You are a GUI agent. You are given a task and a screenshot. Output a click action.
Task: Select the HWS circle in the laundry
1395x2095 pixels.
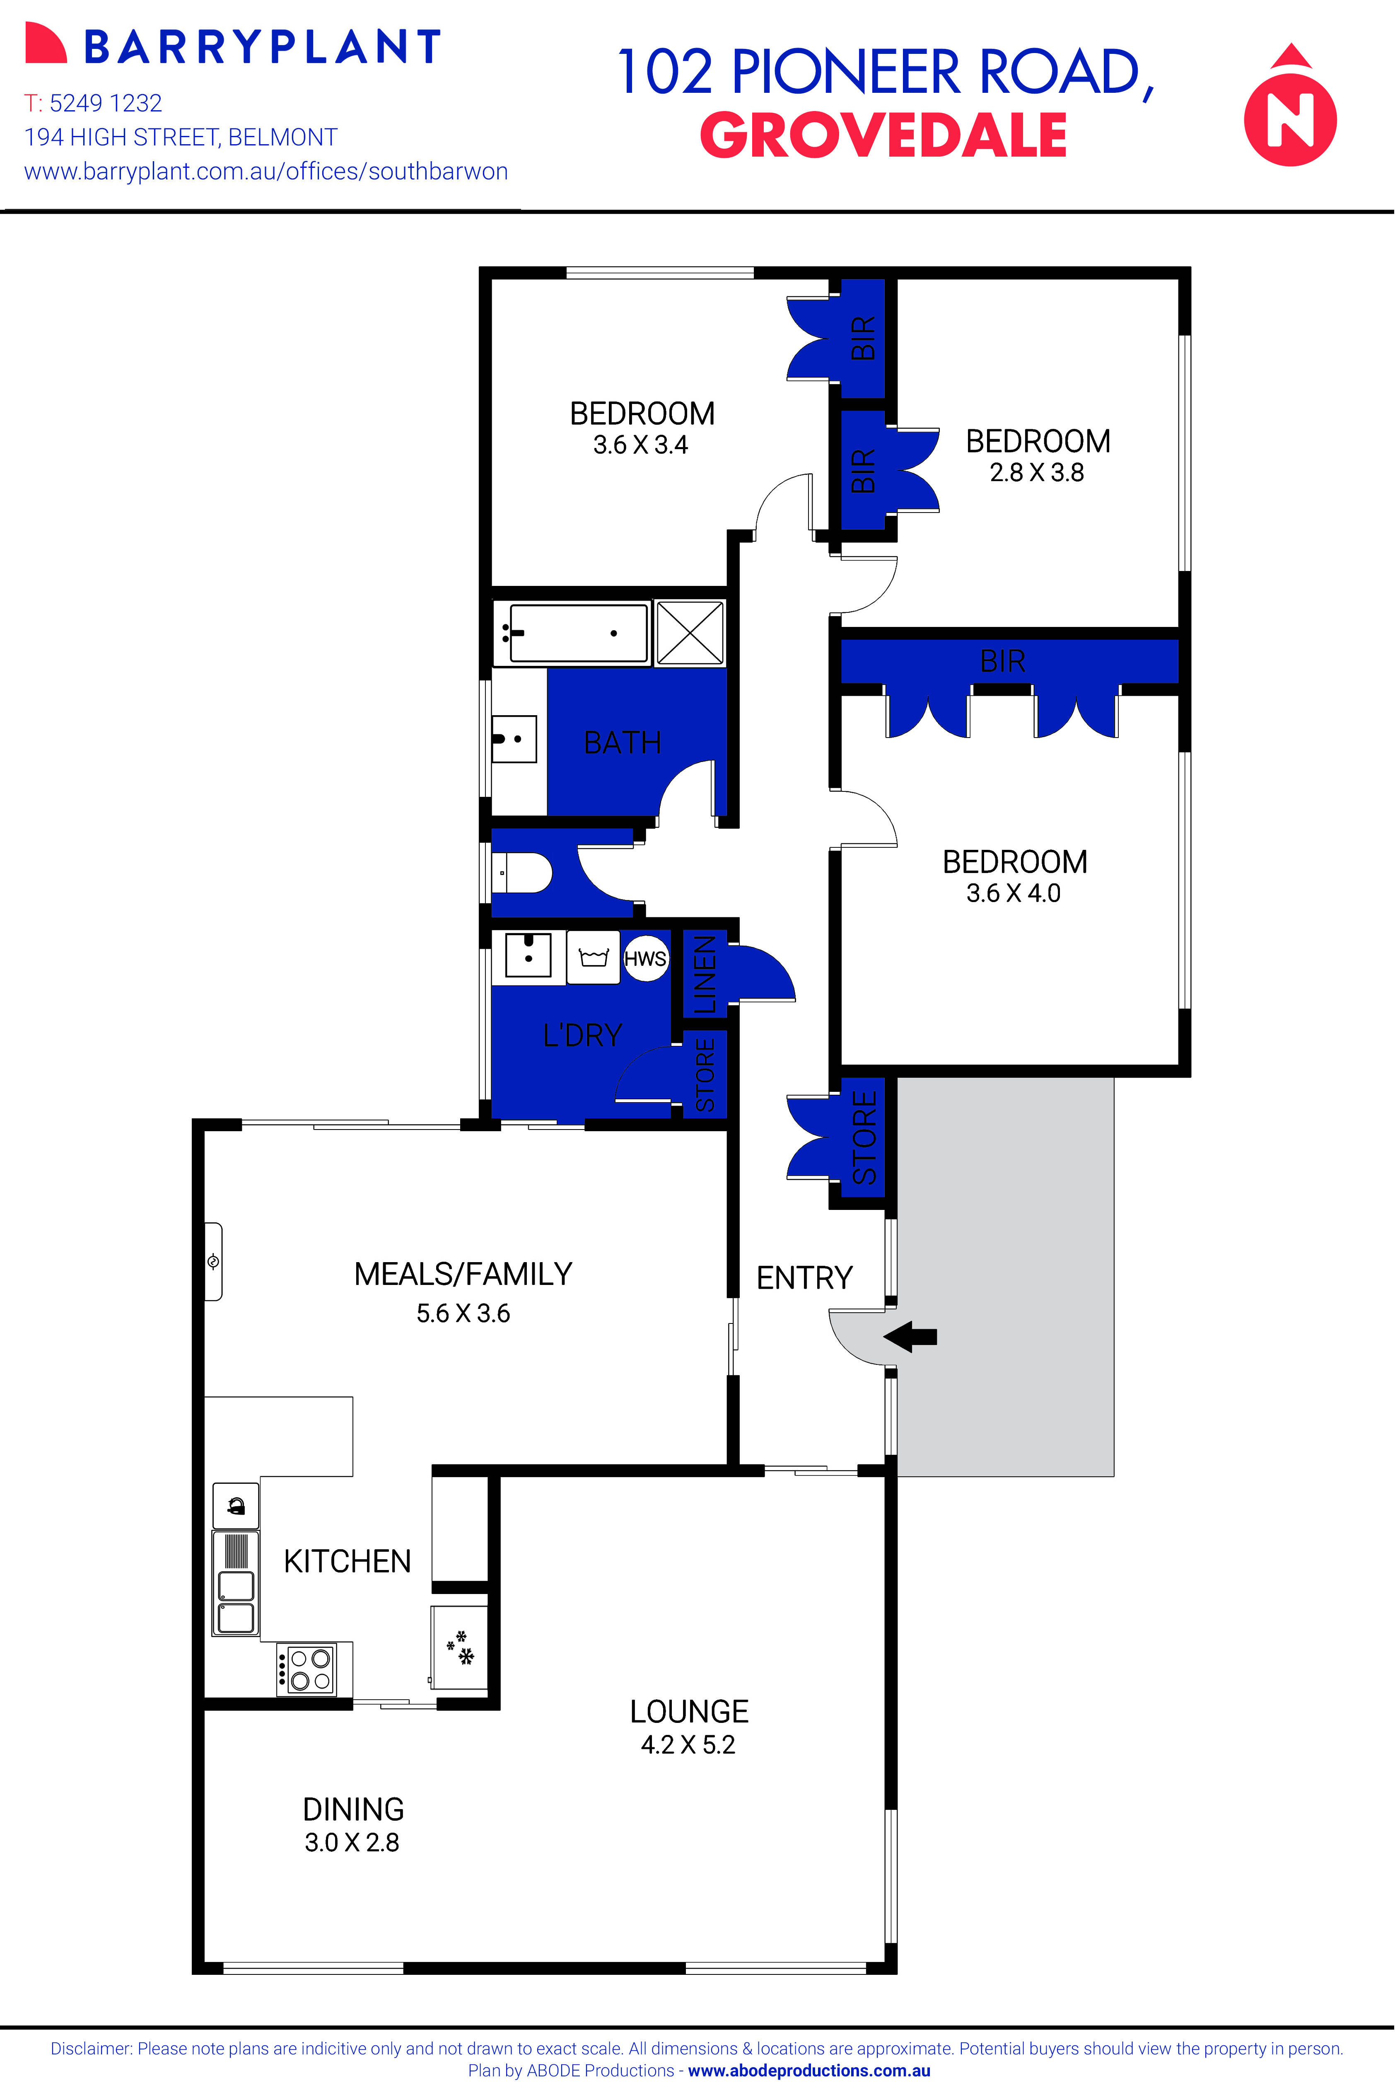(x=645, y=958)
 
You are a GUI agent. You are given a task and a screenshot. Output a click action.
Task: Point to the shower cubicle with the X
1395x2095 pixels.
(x=690, y=633)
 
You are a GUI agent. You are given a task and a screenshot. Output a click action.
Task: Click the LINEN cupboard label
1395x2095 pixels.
(x=704, y=975)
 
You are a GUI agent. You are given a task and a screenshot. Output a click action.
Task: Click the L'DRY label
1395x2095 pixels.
(x=583, y=1035)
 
